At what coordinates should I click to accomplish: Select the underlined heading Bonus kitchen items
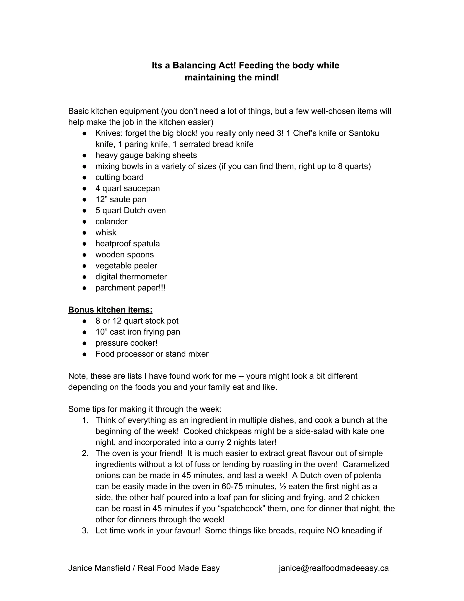tap(110, 310)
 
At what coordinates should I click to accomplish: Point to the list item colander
tap(111, 222)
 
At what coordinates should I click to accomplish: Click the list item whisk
tap(106, 232)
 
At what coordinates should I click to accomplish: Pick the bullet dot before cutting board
tap(85, 178)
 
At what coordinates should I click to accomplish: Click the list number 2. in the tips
tap(85, 453)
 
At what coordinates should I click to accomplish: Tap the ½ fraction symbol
tap(282, 486)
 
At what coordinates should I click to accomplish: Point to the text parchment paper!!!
tap(130, 288)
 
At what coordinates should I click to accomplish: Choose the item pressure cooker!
tap(126, 343)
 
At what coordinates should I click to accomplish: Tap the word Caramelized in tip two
tap(366, 464)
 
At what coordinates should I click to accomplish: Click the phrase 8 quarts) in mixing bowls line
tap(354, 166)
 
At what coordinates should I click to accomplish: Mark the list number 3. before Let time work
tap(85, 530)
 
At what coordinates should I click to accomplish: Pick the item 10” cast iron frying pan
tap(138, 332)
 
